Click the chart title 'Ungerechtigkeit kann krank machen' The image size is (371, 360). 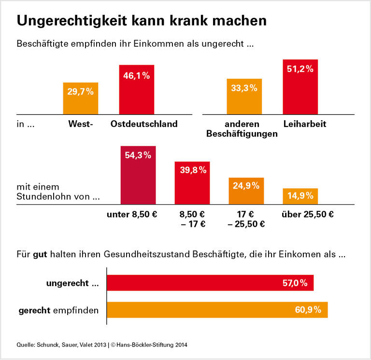142,21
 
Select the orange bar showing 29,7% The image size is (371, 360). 81,98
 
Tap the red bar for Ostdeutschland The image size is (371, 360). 137,90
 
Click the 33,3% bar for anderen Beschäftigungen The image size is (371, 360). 244,97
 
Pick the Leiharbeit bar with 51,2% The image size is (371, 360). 300,87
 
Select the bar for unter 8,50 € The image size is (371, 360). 138,175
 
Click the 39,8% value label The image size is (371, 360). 192,170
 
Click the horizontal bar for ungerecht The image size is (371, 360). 210,283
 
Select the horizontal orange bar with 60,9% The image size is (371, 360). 217,310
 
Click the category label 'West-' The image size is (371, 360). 81,124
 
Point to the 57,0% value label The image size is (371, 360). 295,283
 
